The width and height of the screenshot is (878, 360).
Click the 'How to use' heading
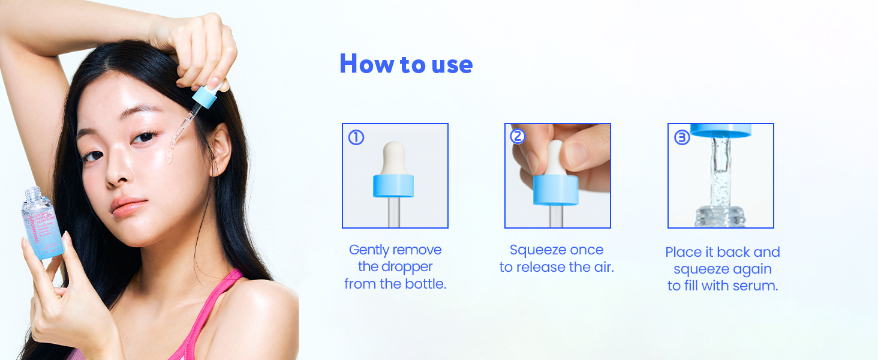point(406,64)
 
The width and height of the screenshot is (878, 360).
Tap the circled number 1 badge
point(356,138)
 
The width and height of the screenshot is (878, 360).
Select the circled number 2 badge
point(518,137)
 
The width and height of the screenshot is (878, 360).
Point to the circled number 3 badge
point(682,137)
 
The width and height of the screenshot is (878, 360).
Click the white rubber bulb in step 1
point(393,157)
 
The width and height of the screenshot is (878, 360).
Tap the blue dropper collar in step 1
point(393,186)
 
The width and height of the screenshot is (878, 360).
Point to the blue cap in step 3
point(720,130)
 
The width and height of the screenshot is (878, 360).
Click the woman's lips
point(128,206)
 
